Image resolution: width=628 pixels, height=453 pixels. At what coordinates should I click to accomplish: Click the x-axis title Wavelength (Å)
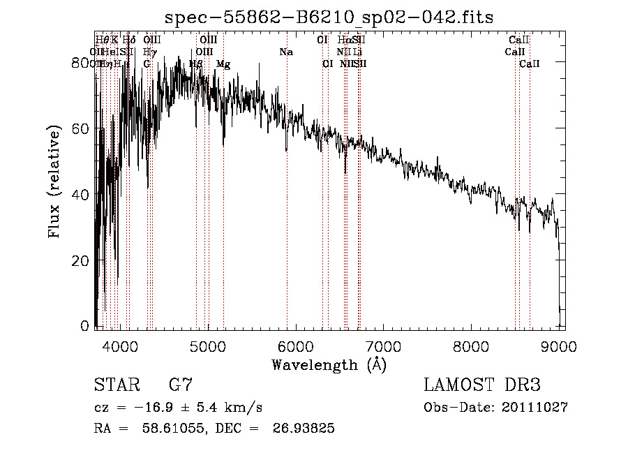(x=329, y=364)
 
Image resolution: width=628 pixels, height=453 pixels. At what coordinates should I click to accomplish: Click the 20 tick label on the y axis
(x=83, y=260)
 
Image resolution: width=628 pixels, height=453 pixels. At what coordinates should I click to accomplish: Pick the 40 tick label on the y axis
(x=83, y=195)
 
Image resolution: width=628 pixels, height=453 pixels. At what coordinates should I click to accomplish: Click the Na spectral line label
(x=286, y=52)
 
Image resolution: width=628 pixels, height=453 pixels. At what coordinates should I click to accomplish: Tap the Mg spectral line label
(x=223, y=64)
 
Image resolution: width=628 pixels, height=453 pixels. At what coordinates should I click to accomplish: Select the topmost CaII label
(x=519, y=40)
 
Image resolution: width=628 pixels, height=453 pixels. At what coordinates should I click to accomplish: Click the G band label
(x=147, y=64)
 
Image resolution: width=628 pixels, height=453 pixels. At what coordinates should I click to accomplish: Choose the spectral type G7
(x=180, y=385)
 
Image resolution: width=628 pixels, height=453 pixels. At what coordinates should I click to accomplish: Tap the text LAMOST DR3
(x=482, y=385)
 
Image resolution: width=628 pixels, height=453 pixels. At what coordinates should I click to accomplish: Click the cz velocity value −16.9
(x=155, y=407)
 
